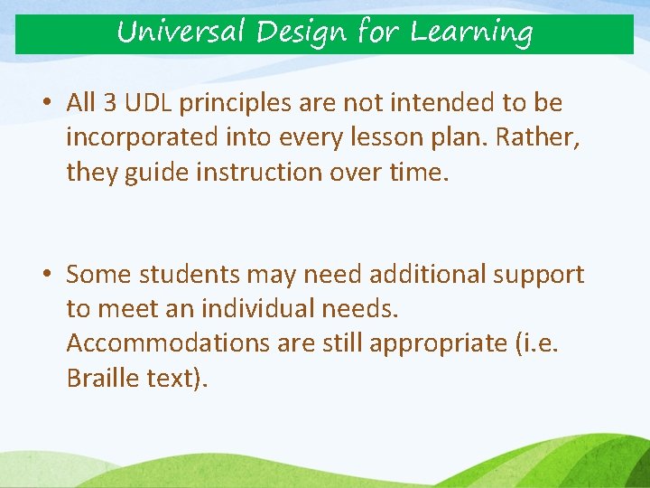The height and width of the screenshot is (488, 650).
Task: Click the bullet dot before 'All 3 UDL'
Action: [46, 103]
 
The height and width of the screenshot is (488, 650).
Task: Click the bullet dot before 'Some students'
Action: [46, 274]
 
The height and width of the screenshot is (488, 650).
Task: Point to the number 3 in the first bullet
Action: [110, 103]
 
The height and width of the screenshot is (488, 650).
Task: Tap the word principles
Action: [236, 104]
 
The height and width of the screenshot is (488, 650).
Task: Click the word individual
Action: [254, 308]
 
